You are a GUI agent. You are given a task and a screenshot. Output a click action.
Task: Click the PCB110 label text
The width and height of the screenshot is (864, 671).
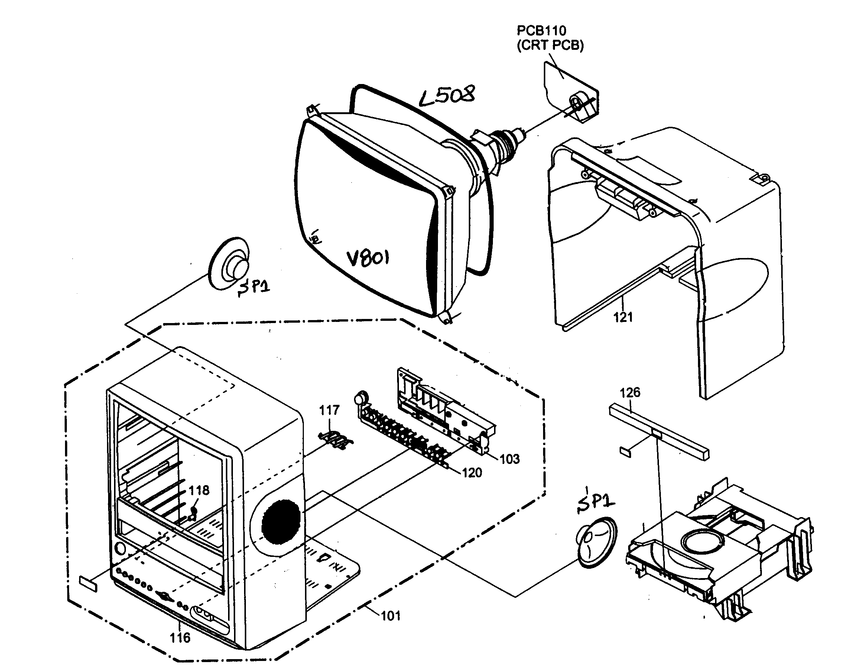tap(541, 30)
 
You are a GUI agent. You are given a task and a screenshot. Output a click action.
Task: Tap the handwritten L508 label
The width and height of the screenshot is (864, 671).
tap(447, 96)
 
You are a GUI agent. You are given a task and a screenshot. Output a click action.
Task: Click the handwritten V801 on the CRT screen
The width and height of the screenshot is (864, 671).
tap(368, 258)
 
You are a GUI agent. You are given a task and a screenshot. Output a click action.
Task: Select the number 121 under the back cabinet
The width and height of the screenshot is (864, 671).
tap(623, 317)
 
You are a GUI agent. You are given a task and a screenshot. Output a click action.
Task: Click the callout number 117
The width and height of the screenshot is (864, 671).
tap(329, 410)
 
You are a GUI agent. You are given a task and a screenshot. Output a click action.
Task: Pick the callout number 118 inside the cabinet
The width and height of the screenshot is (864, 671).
tap(199, 490)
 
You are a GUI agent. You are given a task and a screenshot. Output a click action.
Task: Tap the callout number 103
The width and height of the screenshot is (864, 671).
tap(510, 459)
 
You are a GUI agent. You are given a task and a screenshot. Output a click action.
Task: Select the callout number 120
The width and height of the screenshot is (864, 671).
tap(472, 472)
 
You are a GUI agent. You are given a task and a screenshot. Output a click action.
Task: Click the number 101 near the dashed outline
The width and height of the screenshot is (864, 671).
tap(390, 616)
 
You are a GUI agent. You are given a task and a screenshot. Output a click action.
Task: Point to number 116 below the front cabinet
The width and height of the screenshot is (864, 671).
tap(180, 638)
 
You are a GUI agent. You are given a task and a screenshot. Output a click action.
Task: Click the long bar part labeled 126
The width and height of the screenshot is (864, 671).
tap(659, 435)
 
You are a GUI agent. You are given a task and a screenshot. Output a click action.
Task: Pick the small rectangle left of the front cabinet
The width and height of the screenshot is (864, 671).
tap(88, 584)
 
